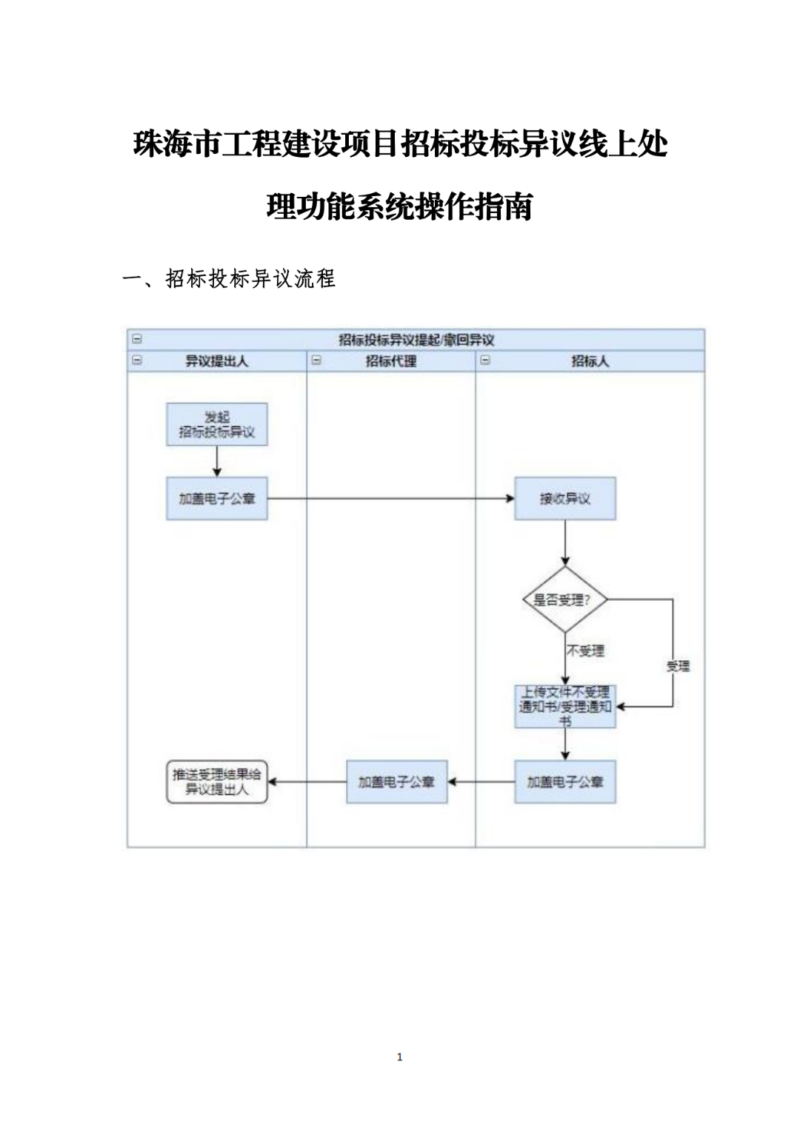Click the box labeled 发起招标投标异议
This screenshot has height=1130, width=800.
tap(216, 425)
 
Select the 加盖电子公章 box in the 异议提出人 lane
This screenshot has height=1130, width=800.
tap(216, 499)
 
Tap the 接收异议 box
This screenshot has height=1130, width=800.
tap(564, 499)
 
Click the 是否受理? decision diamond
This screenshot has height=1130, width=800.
tap(564, 600)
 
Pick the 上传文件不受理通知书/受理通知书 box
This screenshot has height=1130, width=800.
tap(564, 707)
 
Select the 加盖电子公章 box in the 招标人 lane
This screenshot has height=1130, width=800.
tap(564, 782)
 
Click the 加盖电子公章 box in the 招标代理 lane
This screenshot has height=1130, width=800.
tap(396, 782)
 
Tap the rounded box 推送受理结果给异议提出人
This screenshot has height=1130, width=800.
tap(216, 782)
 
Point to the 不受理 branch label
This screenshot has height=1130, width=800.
tap(585, 651)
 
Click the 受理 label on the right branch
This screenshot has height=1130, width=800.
tap(678, 666)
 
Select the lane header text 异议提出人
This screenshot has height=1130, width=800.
tap(216, 361)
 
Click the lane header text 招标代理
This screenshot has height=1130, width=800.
tap(391, 361)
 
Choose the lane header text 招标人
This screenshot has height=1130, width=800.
tap(590, 361)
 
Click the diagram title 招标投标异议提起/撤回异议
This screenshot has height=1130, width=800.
tap(416, 340)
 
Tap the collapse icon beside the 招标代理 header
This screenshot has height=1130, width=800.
tap(316, 361)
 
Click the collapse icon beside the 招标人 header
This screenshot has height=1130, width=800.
tap(485, 361)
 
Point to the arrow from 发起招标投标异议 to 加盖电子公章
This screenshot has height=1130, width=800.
tap(217, 462)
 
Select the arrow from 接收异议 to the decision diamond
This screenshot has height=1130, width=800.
tap(565, 543)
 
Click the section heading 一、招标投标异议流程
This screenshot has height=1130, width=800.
tap(229, 279)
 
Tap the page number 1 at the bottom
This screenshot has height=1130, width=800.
tap(400, 1057)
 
